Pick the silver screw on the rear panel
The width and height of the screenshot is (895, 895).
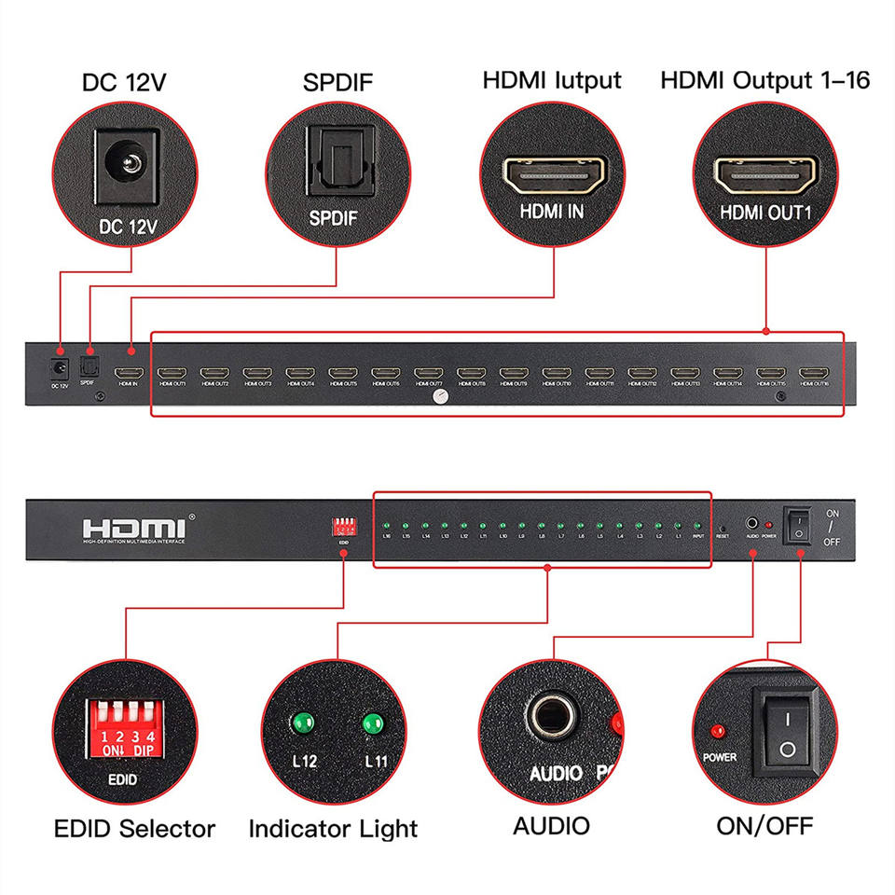pyautogui.click(x=438, y=397)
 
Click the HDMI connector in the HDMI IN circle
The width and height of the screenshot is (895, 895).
pyautogui.click(x=555, y=173)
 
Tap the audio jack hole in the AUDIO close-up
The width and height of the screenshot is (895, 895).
pyautogui.click(x=554, y=718)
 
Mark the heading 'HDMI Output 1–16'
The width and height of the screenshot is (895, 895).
pyautogui.click(x=764, y=80)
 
